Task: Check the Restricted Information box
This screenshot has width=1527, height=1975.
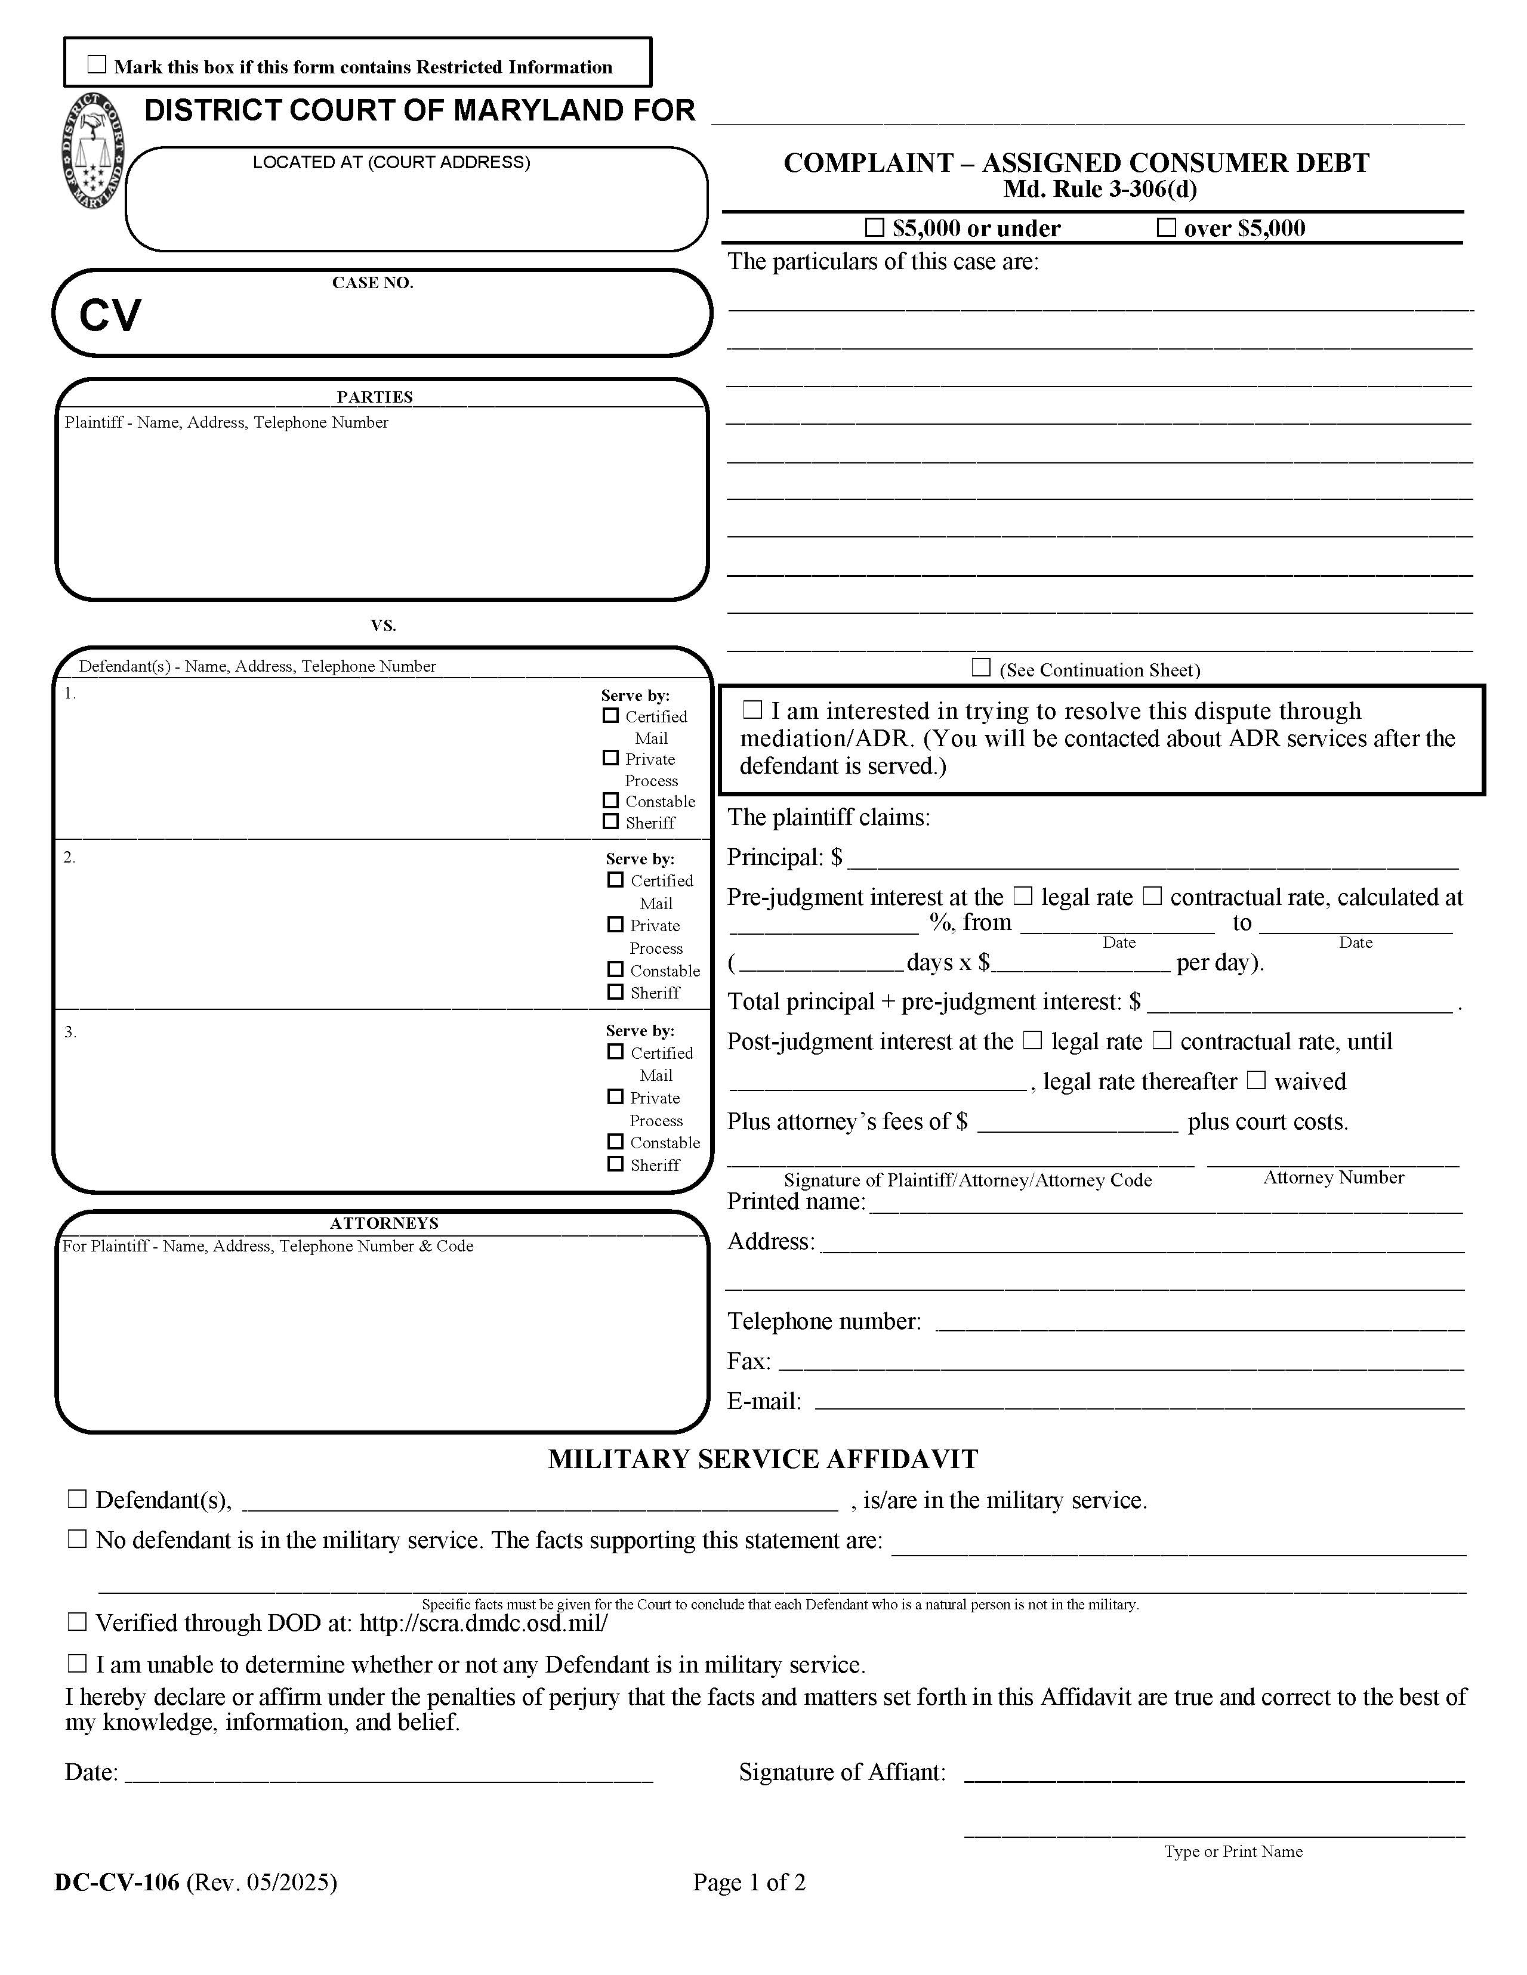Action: coord(97,65)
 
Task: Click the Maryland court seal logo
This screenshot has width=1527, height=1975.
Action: coord(94,152)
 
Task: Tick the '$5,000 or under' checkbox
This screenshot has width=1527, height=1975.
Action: coord(874,228)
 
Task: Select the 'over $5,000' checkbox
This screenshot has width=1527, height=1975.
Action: coord(1166,228)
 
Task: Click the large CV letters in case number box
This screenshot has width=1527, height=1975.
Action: coord(110,316)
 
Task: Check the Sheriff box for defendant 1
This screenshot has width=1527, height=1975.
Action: coord(610,822)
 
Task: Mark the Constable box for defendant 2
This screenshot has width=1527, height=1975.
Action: coord(615,969)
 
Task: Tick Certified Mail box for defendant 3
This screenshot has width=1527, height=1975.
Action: coord(615,1052)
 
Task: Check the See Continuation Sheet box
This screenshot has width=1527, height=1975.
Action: coord(980,668)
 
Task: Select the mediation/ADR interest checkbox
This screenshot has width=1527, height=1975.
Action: coord(752,711)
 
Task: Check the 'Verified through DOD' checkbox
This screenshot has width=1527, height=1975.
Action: coord(78,1622)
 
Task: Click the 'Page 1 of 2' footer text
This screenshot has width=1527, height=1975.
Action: coord(749,1883)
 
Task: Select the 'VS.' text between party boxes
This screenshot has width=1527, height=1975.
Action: coord(382,626)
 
